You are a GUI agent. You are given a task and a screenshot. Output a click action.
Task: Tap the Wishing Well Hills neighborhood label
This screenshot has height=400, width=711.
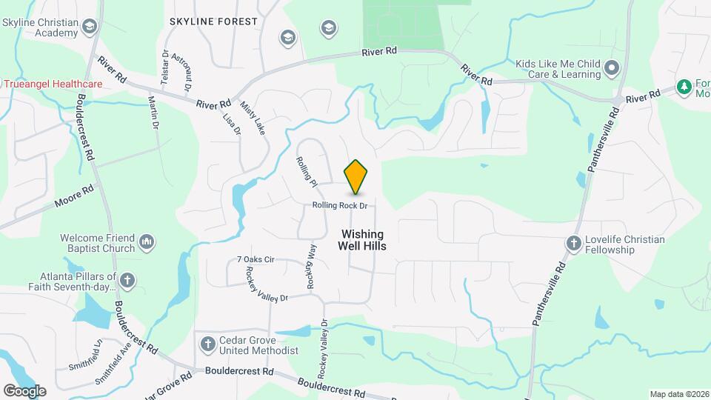coord(362,239)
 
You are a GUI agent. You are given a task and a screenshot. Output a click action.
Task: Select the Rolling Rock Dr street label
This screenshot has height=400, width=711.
coord(340,205)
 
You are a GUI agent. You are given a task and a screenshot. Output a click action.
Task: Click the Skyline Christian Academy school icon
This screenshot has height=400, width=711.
coord(90,27)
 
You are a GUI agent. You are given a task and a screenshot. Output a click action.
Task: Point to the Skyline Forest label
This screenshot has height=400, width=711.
coord(213,22)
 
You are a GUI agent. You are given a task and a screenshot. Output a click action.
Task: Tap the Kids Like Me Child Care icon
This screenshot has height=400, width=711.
coord(612,69)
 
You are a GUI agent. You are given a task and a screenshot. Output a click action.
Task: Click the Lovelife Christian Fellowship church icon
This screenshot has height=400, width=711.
coord(573,244)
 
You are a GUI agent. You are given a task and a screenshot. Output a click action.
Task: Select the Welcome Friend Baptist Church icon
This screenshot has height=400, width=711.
coord(146,243)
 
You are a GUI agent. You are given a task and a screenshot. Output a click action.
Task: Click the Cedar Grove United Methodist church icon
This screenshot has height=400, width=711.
coord(207,344)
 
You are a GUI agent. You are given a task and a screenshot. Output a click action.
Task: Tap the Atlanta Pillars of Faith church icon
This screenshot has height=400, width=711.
coord(128,281)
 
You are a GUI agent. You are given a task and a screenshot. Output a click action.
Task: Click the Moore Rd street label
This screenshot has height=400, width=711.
coord(74,196)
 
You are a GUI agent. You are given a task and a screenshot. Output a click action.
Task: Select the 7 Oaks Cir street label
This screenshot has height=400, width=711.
coord(256,259)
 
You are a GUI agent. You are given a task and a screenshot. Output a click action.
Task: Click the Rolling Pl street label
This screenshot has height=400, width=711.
coord(306,171)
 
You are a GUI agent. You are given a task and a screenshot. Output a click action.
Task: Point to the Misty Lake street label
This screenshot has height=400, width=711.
coord(253,118)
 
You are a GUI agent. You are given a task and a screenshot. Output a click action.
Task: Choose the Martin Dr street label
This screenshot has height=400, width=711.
coord(154,112)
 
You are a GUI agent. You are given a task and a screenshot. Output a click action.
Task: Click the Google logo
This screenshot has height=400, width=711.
coord(24,391)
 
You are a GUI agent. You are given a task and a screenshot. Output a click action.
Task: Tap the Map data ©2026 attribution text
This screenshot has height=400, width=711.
coord(678,394)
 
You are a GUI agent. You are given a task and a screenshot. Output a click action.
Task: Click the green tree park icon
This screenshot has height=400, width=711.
coord(684,87)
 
